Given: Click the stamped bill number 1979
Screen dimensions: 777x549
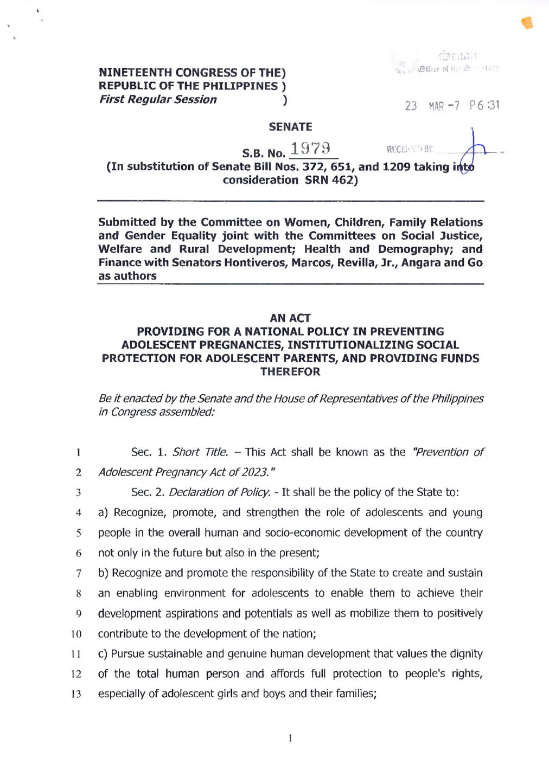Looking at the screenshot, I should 310,149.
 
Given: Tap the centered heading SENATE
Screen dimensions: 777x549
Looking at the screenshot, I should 290,127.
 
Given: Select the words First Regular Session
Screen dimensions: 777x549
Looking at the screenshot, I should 157,100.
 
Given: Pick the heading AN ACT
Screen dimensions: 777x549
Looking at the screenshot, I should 290,318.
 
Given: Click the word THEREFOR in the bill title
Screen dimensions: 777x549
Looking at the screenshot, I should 290,372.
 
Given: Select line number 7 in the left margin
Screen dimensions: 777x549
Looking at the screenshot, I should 79,574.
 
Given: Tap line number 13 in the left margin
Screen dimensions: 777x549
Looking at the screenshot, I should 76,695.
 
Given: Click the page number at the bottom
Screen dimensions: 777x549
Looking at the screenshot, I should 291,738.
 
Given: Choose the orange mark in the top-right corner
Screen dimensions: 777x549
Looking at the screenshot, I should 527,23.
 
